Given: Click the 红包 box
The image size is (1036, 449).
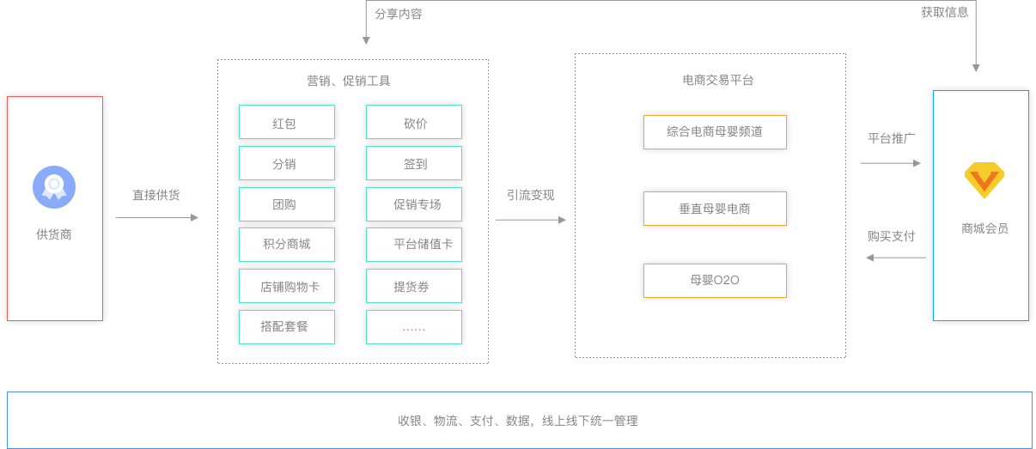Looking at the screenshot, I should tap(286, 123).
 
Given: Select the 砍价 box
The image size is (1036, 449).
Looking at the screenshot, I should tap(413, 123).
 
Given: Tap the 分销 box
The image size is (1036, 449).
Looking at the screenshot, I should tap(286, 163).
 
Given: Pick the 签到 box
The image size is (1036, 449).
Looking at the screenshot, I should tap(413, 163).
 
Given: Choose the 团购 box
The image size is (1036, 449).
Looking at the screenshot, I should tap(286, 204).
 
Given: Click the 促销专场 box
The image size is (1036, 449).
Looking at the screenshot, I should tap(413, 204).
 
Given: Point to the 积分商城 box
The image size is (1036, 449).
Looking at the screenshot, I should tap(286, 245).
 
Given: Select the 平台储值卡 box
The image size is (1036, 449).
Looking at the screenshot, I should tap(413, 245).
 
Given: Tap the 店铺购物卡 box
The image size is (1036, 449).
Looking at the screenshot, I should tap(286, 286).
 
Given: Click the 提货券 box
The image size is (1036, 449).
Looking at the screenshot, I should tap(413, 286).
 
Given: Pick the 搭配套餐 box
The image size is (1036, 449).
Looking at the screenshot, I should tap(286, 327).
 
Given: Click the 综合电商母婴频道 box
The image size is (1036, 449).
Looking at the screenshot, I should tap(715, 132).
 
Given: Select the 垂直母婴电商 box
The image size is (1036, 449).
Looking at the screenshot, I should tap(715, 209).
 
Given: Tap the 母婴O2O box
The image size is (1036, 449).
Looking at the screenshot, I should tap(715, 281).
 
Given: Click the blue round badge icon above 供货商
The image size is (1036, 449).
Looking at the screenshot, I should tap(54, 187).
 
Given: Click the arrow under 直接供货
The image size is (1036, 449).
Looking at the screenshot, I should tap(157, 218).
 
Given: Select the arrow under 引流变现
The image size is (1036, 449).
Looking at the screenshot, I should tap(531, 220).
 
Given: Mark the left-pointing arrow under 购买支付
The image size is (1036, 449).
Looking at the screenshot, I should tap(894, 258).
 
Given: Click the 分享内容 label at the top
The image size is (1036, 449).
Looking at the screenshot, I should tap(398, 14).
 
